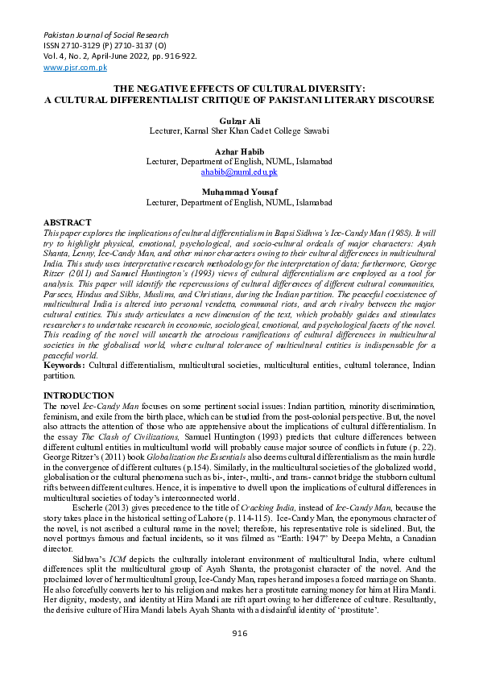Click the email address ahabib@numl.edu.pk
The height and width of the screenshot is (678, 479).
pyautogui.click(x=239, y=172)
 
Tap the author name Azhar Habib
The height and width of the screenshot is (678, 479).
pyautogui.click(x=239, y=151)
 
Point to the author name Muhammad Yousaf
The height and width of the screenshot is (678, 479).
pyautogui.click(x=239, y=192)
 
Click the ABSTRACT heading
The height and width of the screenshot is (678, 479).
pyautogui.click(x=67, y=222)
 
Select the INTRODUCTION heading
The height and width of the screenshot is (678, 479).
pyautogui.click(x=78, y=395)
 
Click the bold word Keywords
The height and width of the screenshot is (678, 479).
pyautogui.click(x=64, y=366)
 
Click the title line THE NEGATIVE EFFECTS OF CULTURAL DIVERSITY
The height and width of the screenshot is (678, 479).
pyautogui.click(x=239, y=89)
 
